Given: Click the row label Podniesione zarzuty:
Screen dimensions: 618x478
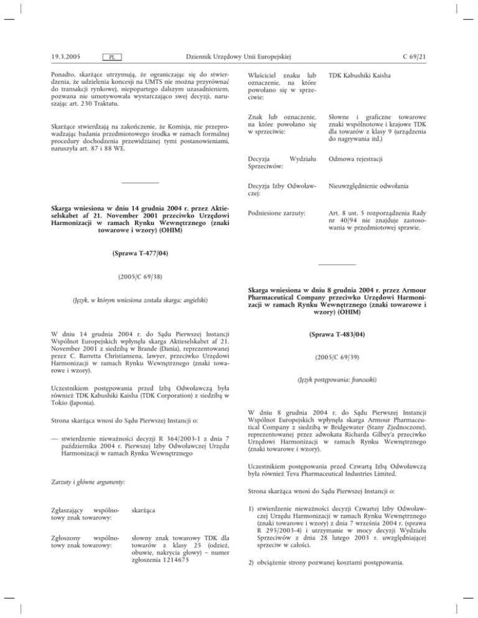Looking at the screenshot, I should [x=279, y=213].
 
